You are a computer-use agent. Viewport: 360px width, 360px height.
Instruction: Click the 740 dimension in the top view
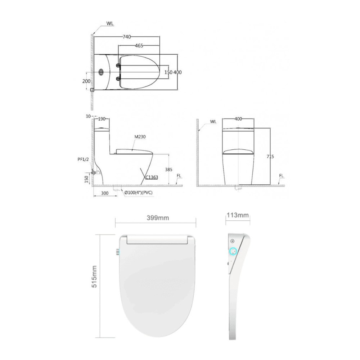126,36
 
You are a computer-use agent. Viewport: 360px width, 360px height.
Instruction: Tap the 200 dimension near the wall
86,81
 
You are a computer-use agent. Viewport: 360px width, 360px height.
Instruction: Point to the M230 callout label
140,137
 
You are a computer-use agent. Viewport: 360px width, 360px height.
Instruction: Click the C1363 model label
152,177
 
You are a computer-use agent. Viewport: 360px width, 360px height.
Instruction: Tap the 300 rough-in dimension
104,193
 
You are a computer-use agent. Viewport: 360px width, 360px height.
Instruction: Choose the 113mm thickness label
238,215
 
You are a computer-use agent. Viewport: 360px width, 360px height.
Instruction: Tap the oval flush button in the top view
101,72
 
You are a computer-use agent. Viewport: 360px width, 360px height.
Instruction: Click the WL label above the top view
110,23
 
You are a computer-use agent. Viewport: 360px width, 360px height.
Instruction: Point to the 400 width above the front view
238,118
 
